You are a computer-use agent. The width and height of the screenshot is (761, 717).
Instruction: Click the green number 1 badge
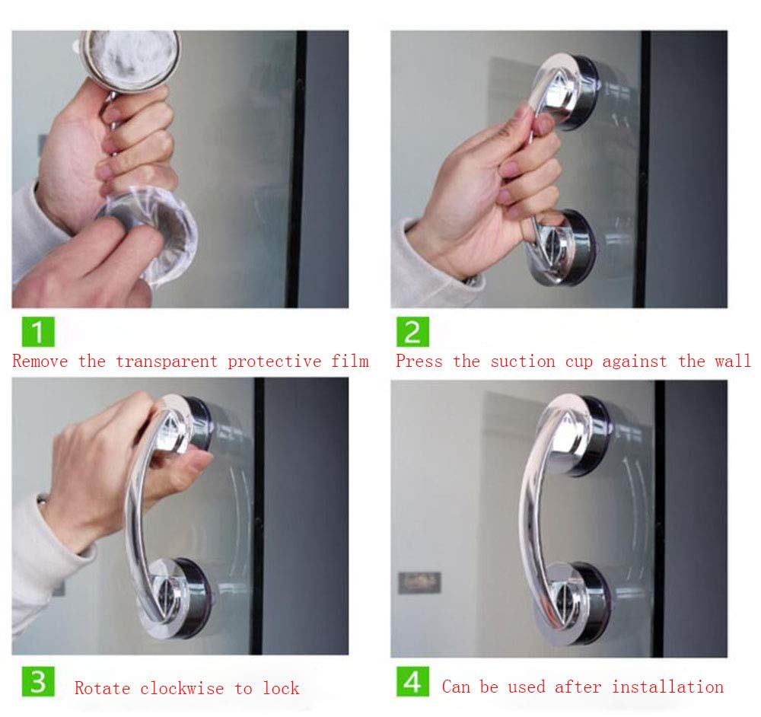38,332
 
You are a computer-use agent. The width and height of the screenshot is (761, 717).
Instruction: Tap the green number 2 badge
412,332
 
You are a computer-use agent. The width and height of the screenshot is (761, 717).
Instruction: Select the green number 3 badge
38,681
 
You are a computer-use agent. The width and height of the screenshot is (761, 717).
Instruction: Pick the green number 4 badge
412,681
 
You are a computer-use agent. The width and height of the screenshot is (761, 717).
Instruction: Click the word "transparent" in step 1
167,362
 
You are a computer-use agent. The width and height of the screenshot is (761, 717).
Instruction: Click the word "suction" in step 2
523,362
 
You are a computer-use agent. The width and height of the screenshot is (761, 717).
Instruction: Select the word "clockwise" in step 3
182,688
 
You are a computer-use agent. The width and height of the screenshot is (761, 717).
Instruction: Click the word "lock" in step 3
281,688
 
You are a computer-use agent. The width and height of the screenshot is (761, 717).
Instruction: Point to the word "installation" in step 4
667,687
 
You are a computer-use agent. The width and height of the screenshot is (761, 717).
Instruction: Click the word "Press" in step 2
419,362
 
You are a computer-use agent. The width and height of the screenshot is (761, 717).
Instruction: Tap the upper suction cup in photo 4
575,434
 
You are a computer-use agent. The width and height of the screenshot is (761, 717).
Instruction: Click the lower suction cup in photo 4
574,604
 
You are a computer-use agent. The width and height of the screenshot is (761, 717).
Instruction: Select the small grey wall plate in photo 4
419,582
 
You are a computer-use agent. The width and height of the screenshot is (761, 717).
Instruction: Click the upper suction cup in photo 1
129,59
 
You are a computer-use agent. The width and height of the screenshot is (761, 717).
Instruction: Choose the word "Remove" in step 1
40,362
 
